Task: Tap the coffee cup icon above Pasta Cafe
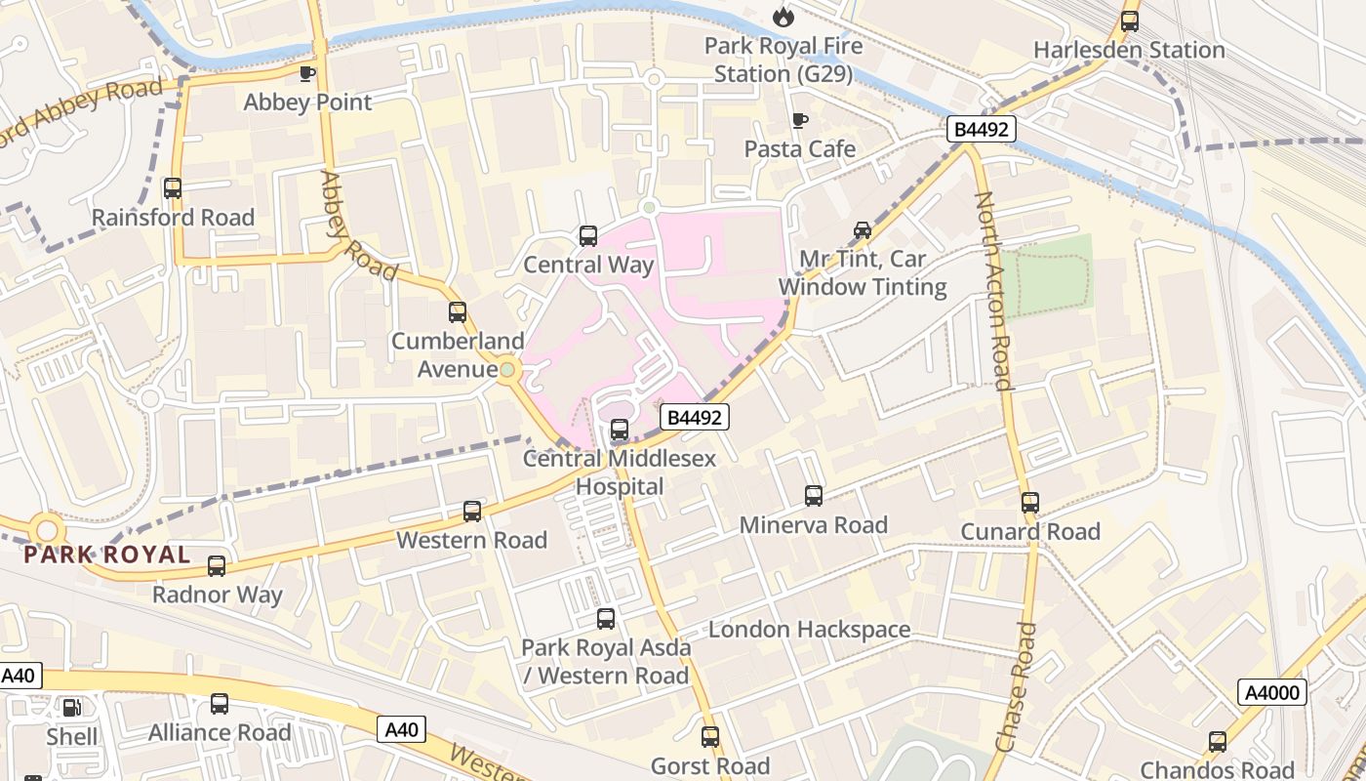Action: click(x=800, y=120)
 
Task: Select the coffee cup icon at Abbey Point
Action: click(x=307, y=73)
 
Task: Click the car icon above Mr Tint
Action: click(x=863, y=230)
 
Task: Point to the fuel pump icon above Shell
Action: click(x=72, y=707)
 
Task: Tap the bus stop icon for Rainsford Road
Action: click(x=173, y=188)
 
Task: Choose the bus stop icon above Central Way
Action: click(x=588, y=235)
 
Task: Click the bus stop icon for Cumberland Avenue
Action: click(x=458, y=312)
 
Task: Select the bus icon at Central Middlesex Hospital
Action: click(x=620, y=430)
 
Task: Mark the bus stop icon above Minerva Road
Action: click(x=814, y=496)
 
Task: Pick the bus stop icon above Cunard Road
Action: click(x=1030, y=503)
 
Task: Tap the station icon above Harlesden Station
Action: click(x=1130, y=21)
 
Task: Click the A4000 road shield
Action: click(x=1272, y=693)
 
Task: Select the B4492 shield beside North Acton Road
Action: click(x=982, y=129)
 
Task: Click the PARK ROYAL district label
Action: click(x=107, y=555)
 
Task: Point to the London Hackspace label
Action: click(x=809, y=630)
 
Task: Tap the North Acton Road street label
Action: click(x=993, y=291)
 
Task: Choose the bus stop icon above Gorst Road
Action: click(x=710, y=737)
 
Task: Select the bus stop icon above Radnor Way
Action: click(x=217, y=566)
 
